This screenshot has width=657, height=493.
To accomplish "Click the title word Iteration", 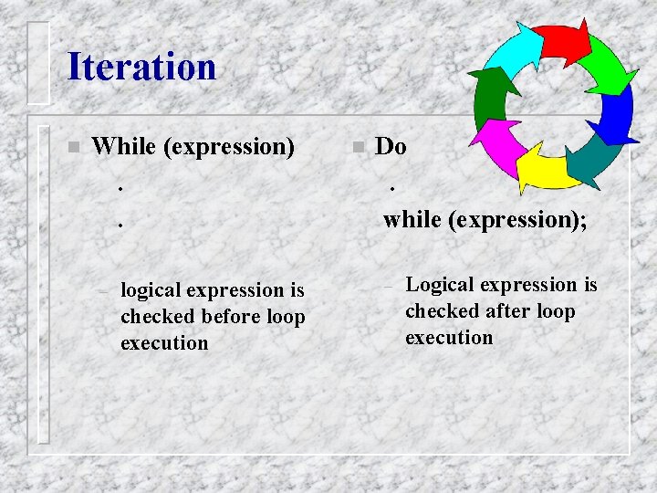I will pos(141,68).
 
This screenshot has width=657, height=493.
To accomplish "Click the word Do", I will pos(391,146).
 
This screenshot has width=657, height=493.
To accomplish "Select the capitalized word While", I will pos(125,146).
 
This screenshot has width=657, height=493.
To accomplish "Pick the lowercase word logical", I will pos(151,290).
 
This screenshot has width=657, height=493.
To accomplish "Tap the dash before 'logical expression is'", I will pos(104,292).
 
